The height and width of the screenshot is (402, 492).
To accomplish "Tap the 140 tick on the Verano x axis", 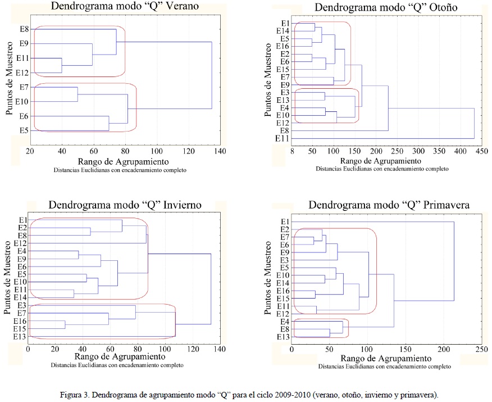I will click(x=219, y=151).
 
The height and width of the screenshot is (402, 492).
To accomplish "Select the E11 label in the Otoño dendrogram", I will click(x=282, y=138).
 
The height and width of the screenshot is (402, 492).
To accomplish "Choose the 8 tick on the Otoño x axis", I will click(x=292, y=151).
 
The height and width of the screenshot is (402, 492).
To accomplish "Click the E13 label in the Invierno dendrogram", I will click(x=21, y=337).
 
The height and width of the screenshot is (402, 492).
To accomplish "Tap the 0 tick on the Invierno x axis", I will click(x=28, y=349).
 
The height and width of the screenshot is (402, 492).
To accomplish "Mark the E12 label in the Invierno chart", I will click(x=21, y=243).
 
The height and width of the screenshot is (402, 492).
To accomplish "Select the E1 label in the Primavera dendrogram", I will click(x=284, y=222).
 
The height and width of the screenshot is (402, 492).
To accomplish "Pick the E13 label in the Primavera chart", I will click(x=283, y=336).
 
